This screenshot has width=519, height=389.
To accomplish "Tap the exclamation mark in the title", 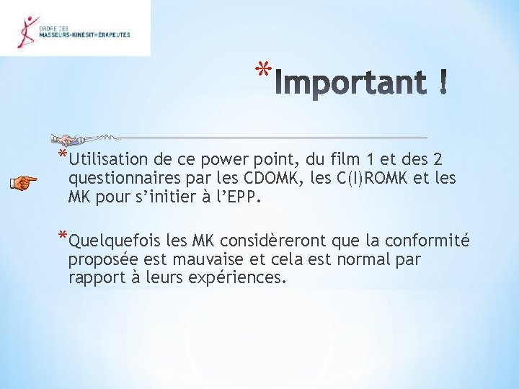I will (x=441, y=82).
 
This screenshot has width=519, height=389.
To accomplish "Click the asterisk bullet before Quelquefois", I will (x=63, y=236).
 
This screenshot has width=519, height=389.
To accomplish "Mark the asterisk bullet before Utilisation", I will (x=63, y=155).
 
